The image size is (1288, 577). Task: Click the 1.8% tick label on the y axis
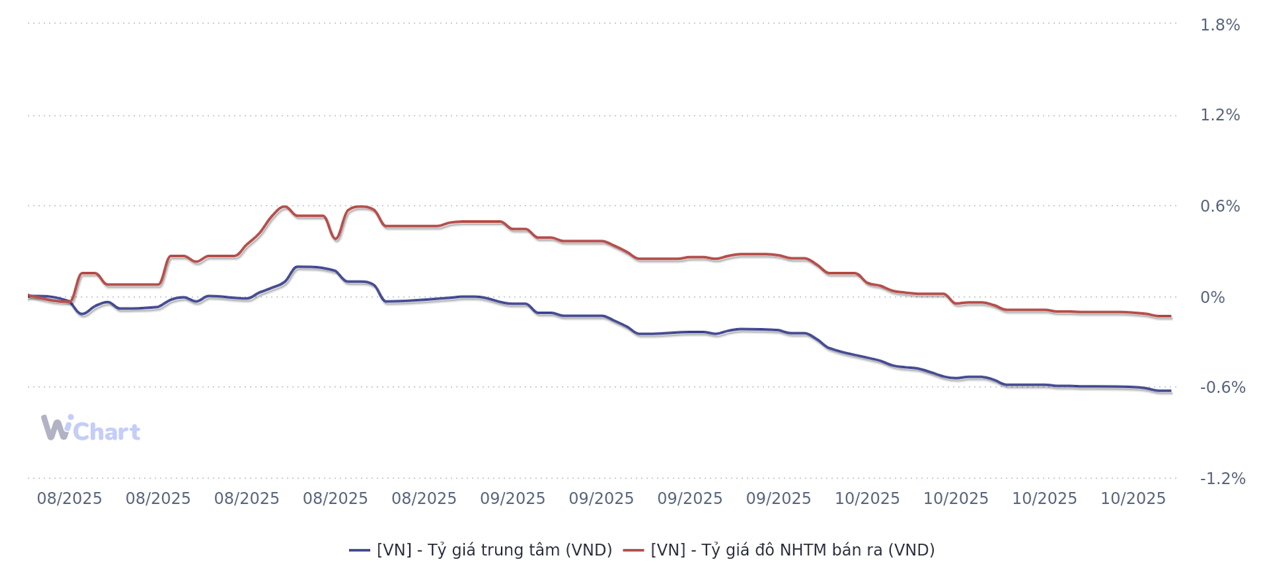(x=1220, y=25)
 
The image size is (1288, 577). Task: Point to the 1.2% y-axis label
(x=1220, y=115)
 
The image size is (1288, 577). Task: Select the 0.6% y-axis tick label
(x=1220, y=206)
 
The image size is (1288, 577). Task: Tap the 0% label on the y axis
(x=1212, y=298)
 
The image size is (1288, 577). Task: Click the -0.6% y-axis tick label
(x=1222, y=387)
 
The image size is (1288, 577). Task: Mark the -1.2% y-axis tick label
(x=1222, y=479)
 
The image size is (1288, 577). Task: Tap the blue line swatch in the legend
(x=359, y=550)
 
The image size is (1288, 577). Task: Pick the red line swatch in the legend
(x=633, y=550)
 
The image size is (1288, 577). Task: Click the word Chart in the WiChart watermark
(x=107, y=431)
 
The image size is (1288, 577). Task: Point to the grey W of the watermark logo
(x=55, y=428)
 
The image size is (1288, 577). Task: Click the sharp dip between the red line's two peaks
(x=336, y=239)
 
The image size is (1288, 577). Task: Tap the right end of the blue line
(x=1170, y=391)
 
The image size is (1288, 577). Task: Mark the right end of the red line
(x=1170, y=316)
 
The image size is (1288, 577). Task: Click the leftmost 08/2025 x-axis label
(x=69, y=498)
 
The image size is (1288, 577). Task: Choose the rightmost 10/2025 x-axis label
(x=1133, y=498)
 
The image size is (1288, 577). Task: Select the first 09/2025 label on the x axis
(x=512, y=498)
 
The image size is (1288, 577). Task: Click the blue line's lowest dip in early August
(x=82, y=314)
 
